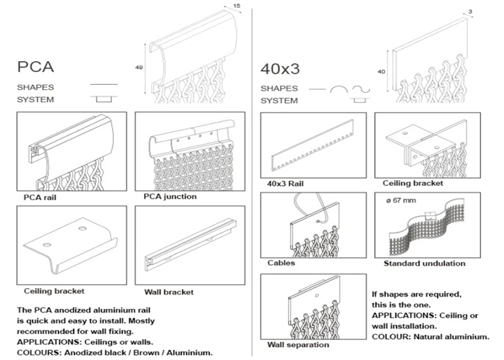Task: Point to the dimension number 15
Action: click(x=237, y=6)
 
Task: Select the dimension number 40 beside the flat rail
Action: click(x=381, y=71)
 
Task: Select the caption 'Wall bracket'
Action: click(x=168, y=292)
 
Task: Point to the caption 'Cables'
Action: click(x=281, y=263)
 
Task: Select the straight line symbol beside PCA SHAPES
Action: click(x=103, y=86)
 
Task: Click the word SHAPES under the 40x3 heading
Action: click(x=278, y=88)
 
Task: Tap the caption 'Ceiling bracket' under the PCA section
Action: click(x=54, y=291)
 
